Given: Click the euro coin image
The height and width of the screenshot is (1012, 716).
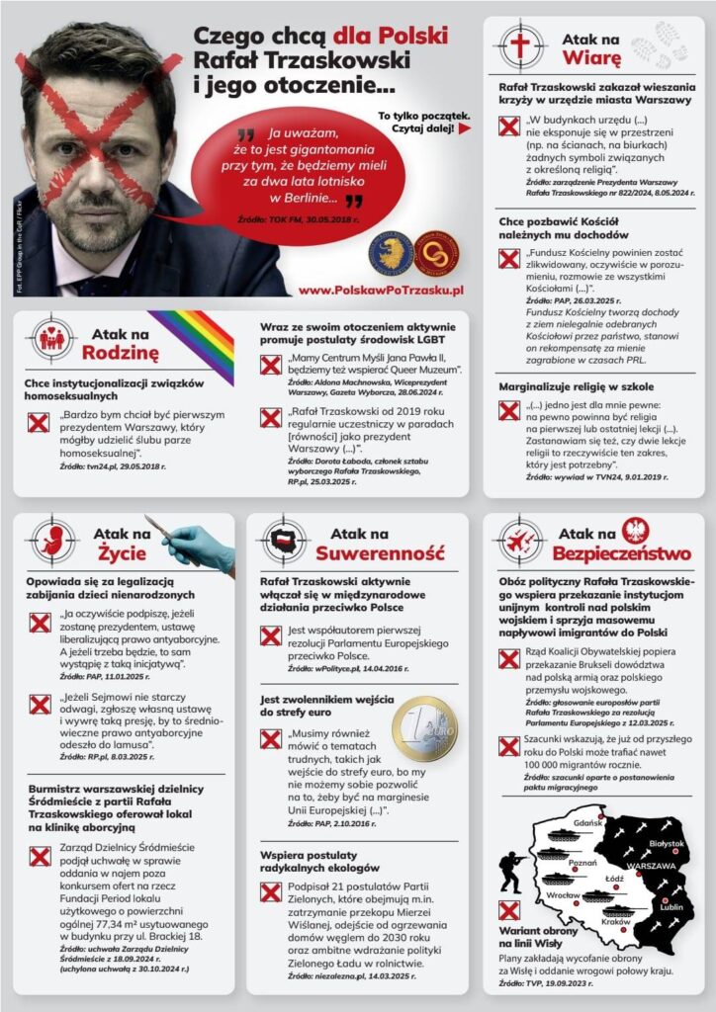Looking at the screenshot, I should click(x=424, y=727).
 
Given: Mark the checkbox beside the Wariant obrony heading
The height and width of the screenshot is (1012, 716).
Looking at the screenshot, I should click(x=509, y=911).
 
